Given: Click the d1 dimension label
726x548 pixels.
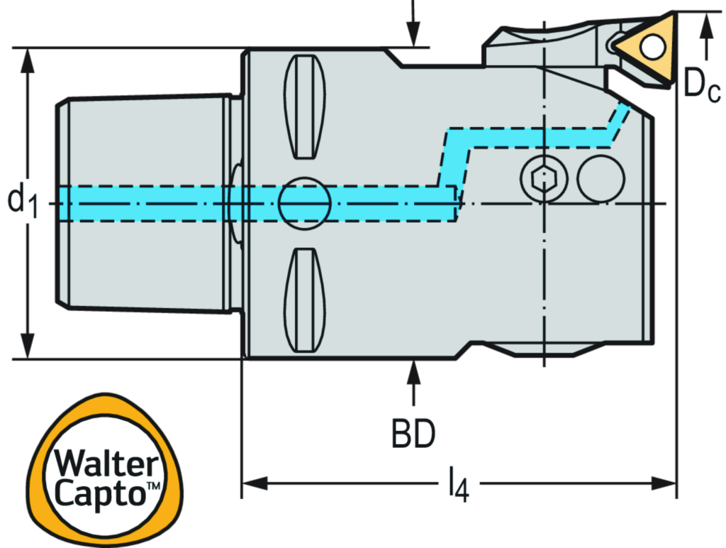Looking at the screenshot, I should [24, 200].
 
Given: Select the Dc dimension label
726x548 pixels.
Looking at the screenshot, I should [700, 84].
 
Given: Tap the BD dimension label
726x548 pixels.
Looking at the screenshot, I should [414, 436].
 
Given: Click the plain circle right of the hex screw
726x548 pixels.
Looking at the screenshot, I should [601, 178].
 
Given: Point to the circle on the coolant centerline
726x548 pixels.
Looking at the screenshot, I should [305, 203].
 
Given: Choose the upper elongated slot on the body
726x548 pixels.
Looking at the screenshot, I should [306, 106].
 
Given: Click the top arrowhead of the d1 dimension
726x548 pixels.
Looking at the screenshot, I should [27, 61].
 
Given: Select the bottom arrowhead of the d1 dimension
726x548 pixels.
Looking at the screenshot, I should [27, 347].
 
